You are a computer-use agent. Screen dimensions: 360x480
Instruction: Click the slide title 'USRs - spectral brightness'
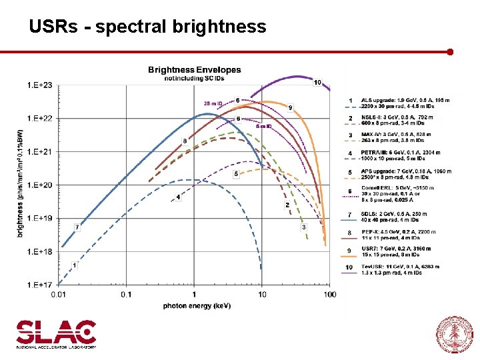[147, 27]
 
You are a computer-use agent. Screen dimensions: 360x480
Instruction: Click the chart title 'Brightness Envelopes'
[194, 69]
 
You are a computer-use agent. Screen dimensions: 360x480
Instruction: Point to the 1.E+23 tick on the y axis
[39, 85]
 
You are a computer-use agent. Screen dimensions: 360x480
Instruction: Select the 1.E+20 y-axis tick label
[39, 185]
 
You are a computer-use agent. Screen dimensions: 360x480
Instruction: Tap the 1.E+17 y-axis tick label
[39, 285]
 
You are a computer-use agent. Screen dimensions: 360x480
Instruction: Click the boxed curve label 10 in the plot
[317, 83]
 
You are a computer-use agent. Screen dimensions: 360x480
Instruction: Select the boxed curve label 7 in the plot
[77, 227]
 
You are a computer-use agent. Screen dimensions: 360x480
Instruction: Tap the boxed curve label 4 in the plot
[178, 197]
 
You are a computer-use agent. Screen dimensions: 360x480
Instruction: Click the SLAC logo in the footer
[56, 334]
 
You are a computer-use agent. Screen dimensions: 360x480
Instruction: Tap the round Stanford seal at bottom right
[453, 333]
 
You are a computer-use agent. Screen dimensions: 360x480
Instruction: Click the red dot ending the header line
[451, 51]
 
